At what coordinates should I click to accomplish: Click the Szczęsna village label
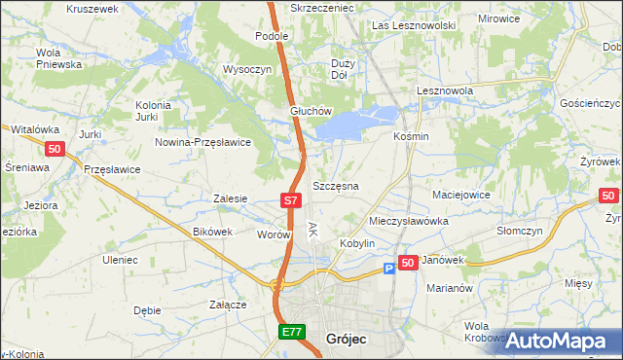336,185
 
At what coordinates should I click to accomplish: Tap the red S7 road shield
290,200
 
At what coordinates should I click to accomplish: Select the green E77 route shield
292,333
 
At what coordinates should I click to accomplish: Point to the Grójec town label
346,339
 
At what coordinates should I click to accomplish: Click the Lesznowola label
444,90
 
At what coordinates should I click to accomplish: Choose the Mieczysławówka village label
408,221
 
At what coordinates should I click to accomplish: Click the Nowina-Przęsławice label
203,141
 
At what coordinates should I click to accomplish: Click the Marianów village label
449,288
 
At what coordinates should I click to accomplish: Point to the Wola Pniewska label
57,58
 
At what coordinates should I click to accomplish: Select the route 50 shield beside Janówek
408,263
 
